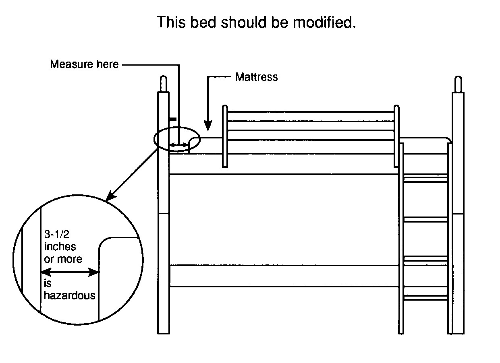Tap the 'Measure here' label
pos(84,64)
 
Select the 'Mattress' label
pos(256,77)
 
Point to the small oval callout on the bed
pos(176,140)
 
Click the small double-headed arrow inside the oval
pos(178,145)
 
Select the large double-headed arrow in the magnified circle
pos(70,272)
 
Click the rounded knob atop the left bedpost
pos(163,83)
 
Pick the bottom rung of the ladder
pos(425,298)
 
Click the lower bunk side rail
pos(284,276)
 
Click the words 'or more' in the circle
pos(63,259)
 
